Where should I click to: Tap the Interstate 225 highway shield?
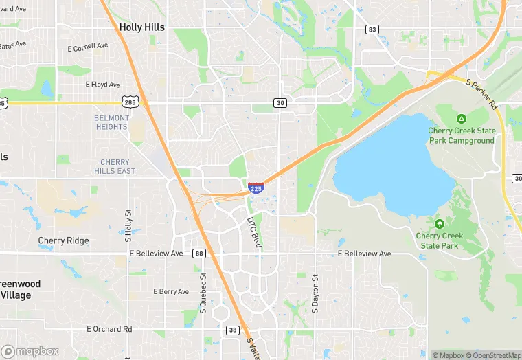click(x=256, y=186)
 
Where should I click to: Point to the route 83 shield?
click(x=372, y=30)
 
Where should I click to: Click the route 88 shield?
click(x=199, y=254)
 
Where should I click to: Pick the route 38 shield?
click(x=232, y=330)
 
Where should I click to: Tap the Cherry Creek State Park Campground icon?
click(x=461, y=119)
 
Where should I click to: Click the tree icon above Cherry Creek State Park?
click(x=439, y=224)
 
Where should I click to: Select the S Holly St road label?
click(x=128, y=227)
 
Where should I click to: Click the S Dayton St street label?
click(x=316, y=293)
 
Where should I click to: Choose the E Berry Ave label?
click(x=170, y=291)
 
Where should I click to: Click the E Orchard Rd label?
click(x=109, y=329)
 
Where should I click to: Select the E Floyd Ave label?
click(x=102, y=85)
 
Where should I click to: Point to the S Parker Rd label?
click(x=481, y=93)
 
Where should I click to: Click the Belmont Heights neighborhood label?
click(x=111, y=122)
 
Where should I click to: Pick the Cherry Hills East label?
click(x=113, y=166)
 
